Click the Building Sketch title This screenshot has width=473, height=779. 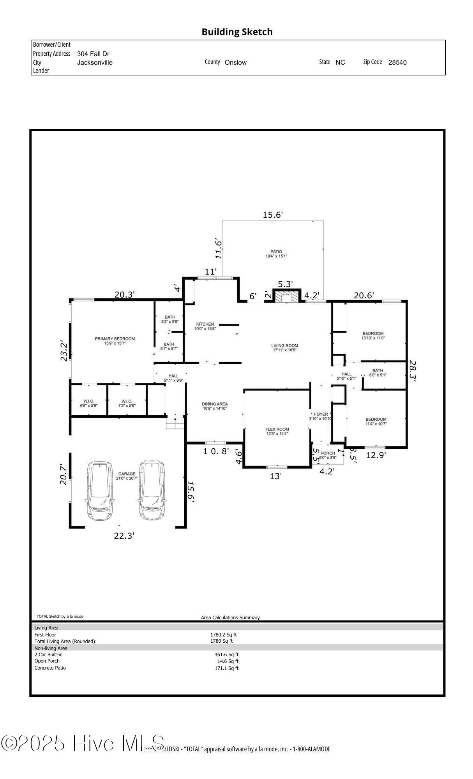(237, 32)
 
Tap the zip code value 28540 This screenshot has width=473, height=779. (397, 62)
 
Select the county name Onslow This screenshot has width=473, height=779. (235, 62)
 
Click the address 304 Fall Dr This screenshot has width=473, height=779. (93, 54)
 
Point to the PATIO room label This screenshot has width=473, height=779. (276, 252)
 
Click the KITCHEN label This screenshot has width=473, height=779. (205, 324)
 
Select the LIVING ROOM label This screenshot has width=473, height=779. (284, 345)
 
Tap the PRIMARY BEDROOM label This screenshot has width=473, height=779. (115, 339)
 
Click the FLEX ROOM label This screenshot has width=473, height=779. (277, 429)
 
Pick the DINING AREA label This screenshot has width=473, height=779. (214, 404)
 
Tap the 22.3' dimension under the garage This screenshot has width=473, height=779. (124, 536)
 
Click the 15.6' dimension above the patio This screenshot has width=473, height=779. (272, 215)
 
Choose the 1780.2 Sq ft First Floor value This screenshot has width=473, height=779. (224, 635)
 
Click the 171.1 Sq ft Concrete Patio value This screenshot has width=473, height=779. (226, 668)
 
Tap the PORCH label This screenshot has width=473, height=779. (328, 453)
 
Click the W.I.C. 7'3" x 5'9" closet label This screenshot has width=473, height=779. (127, 401)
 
